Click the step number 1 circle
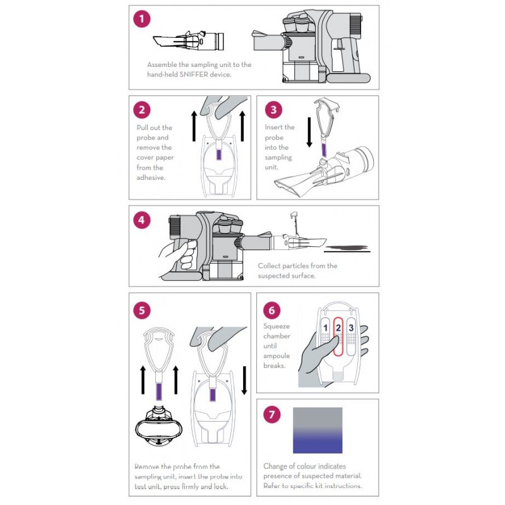click(142, 19)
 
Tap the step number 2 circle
click(142, 109)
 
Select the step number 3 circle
click(273, 109)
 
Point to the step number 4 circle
click(142, 220)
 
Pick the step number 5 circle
click(142, 310)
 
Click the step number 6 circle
click(271, 310)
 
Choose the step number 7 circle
click(271, 415)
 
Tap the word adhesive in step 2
click(150, 178)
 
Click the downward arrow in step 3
click(309, 133)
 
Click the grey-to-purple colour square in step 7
click(318, 430)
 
